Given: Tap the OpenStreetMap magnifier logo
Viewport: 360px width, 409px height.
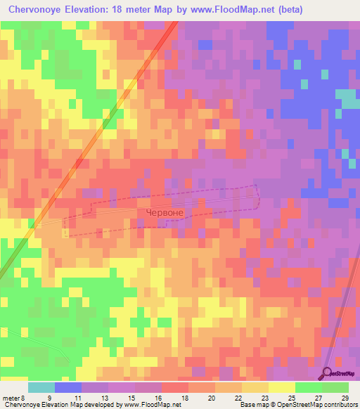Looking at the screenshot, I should click(x=327, y=373).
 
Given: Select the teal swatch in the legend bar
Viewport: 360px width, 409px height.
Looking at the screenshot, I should click(x=41, y=387).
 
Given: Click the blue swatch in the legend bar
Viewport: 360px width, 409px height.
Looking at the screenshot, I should click(x=68, y=387).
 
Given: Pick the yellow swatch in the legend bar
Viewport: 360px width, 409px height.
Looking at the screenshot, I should click(x=282, y=387).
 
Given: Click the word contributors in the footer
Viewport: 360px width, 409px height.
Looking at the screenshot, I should click(x=342, y=405).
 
